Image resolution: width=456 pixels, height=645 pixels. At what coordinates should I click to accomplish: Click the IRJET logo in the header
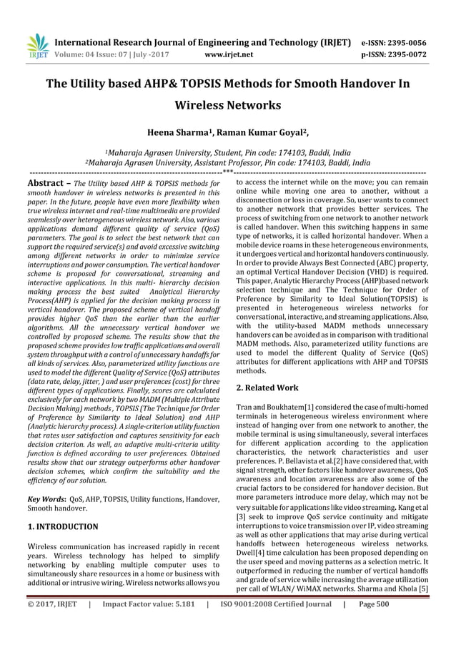pos(35,46)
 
